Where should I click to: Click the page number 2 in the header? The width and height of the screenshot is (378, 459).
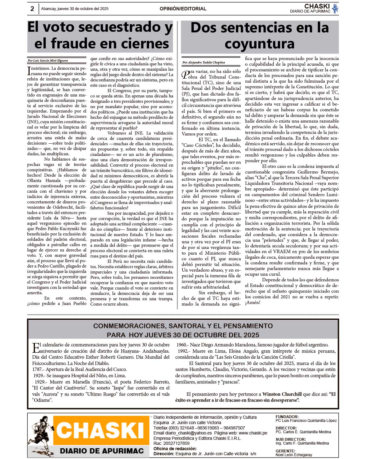tap(32, 9)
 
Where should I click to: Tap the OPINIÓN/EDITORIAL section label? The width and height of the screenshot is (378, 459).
tap(183, 9)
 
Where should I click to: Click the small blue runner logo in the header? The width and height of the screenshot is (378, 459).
tap(335, 9)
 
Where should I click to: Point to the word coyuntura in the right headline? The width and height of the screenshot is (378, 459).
tap(260, 44)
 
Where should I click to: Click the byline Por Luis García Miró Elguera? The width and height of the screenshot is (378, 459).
tap(48, 61)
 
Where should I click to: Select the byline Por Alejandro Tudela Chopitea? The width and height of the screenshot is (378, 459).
tap(204, 63)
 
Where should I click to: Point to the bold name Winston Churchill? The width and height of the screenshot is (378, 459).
tap(282, 394)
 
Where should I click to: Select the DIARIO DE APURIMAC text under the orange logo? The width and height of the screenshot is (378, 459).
tap(101, 451)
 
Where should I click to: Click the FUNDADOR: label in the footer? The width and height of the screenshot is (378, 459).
tap(287, 417)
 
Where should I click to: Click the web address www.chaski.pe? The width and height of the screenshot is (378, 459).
tap(253, 433)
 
